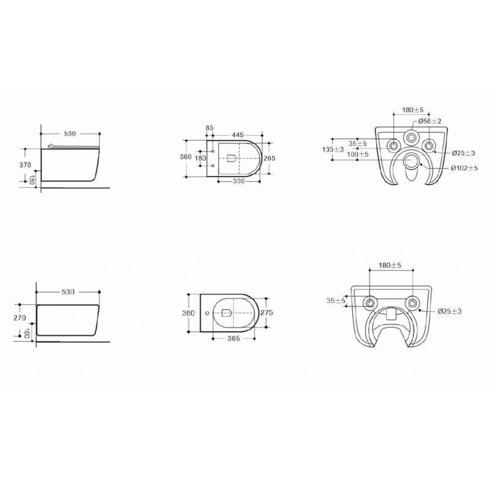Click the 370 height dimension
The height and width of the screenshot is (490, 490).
[x=25, y=165]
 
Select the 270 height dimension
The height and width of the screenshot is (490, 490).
[x=20, y=318]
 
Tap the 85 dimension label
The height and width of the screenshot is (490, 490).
[x=209, y=128]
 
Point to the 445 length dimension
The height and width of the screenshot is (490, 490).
[x=238, y=134]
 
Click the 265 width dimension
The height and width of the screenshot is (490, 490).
[x=269, y=158]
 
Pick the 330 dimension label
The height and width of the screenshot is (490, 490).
[x=239, y=181]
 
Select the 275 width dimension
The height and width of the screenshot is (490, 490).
[x=267, y=312]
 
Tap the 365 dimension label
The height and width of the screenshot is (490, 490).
[x=234, y=339]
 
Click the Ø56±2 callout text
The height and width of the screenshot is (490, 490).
[x=430, y=121]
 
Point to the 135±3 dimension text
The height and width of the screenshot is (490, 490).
[x=333, y=149]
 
